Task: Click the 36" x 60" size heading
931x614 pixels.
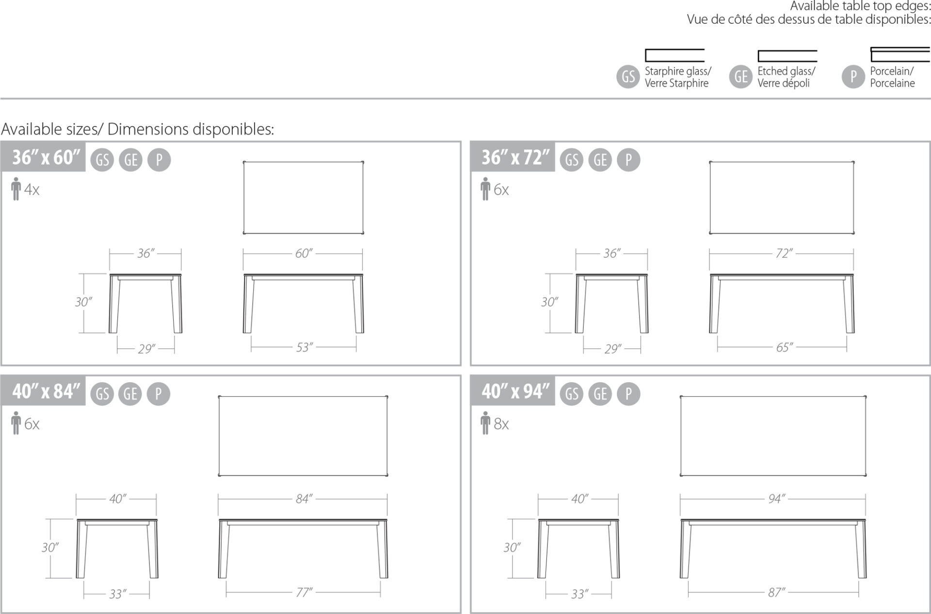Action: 46,157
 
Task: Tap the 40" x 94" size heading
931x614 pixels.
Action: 515,392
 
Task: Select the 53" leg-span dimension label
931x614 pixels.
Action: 304,347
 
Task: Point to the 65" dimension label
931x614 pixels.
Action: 784,347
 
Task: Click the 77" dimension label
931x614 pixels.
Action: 304,592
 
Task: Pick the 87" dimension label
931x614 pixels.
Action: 776,592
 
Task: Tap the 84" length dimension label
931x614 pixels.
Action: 304,499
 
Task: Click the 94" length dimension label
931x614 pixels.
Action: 776,499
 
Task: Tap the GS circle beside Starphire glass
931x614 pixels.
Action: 628,77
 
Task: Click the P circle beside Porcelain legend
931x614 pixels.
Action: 853,77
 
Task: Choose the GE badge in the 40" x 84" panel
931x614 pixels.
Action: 130,394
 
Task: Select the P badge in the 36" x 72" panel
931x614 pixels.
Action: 628,159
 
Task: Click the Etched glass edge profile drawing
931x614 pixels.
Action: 787,56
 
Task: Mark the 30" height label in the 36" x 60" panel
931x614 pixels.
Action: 83,302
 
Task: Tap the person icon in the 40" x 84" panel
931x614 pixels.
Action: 16,423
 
